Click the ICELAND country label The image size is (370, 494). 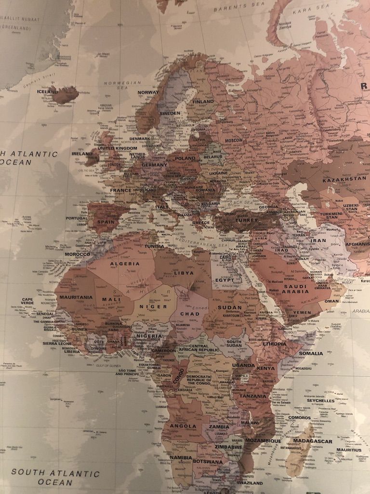point(47,91)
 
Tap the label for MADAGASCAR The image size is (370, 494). point(312,441)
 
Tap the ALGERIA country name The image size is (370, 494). point(125,264)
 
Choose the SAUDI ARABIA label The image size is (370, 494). point(295,288)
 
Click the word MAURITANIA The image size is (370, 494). point(76,297)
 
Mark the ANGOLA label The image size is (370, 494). point(183,426)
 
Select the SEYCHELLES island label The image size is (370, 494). point(320,400)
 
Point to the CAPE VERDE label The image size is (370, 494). point(27,302)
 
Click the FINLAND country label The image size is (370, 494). point(203,102)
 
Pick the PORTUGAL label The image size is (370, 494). point(77,218)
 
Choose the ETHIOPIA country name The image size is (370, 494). point(274,344)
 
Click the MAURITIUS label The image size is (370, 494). point(349,450)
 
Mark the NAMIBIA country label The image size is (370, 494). point(181,457)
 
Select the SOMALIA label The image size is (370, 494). point(311,353)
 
